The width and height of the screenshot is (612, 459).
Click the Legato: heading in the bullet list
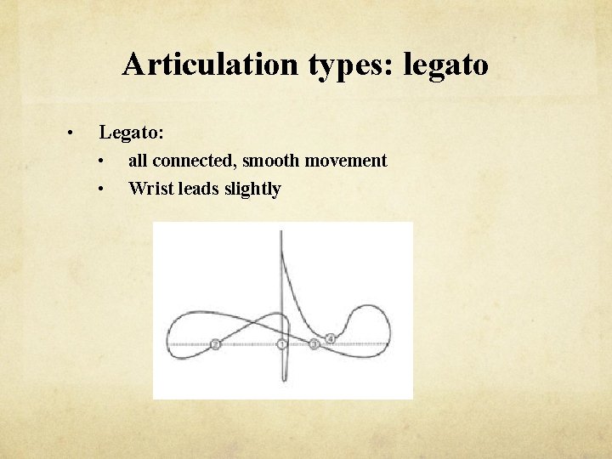pos(132,133)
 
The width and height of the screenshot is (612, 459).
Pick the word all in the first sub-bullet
pos(137,161)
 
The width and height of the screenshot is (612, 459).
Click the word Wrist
pos(150,189)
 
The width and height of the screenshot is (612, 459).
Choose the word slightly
pos(252,189)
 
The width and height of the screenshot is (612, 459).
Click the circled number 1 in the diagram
pos(282,344)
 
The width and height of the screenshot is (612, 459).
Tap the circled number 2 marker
pos(215,344)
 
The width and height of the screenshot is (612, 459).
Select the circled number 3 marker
pos(314,344)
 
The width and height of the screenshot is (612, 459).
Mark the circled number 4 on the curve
pos(331,338)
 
